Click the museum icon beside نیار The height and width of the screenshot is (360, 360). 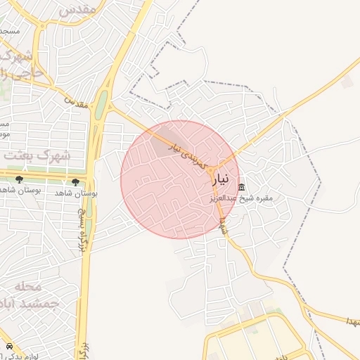click(242, 188)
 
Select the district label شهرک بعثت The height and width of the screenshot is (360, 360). click(37, 155)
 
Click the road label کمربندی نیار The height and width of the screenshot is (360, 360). click(190, 155)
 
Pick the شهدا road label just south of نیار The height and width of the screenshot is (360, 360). click(222, 225)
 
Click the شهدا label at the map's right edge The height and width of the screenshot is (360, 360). click(346, 321)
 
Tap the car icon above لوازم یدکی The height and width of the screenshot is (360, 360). click(9, 347)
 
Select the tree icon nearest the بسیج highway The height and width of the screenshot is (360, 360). click(75, 181)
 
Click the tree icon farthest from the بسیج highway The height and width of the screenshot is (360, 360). click(19, 180)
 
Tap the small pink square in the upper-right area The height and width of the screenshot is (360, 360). click(347, 83)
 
